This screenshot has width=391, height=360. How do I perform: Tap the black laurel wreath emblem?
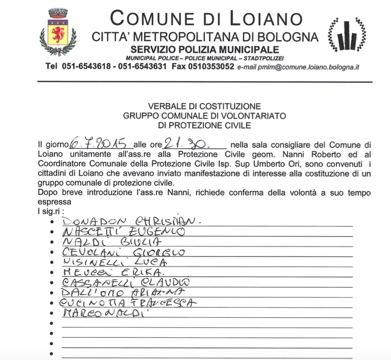coord(347,36)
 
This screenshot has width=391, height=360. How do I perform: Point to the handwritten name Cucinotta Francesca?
coord(128,303)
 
